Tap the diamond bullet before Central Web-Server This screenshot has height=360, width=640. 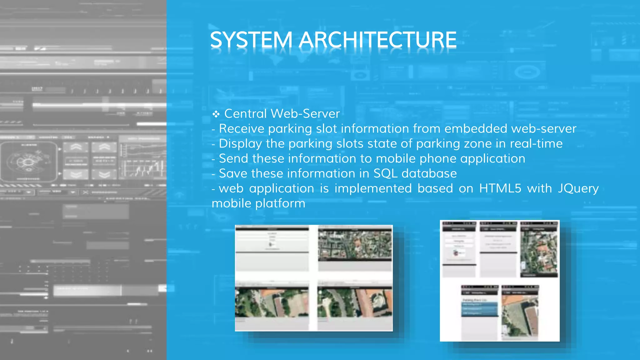click(216, 114)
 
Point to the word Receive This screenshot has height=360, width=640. click(242, 128)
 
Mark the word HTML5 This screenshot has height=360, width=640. click(500, 188)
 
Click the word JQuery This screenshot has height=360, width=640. click(578, 188)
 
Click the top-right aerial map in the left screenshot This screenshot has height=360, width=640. click(355, 245)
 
